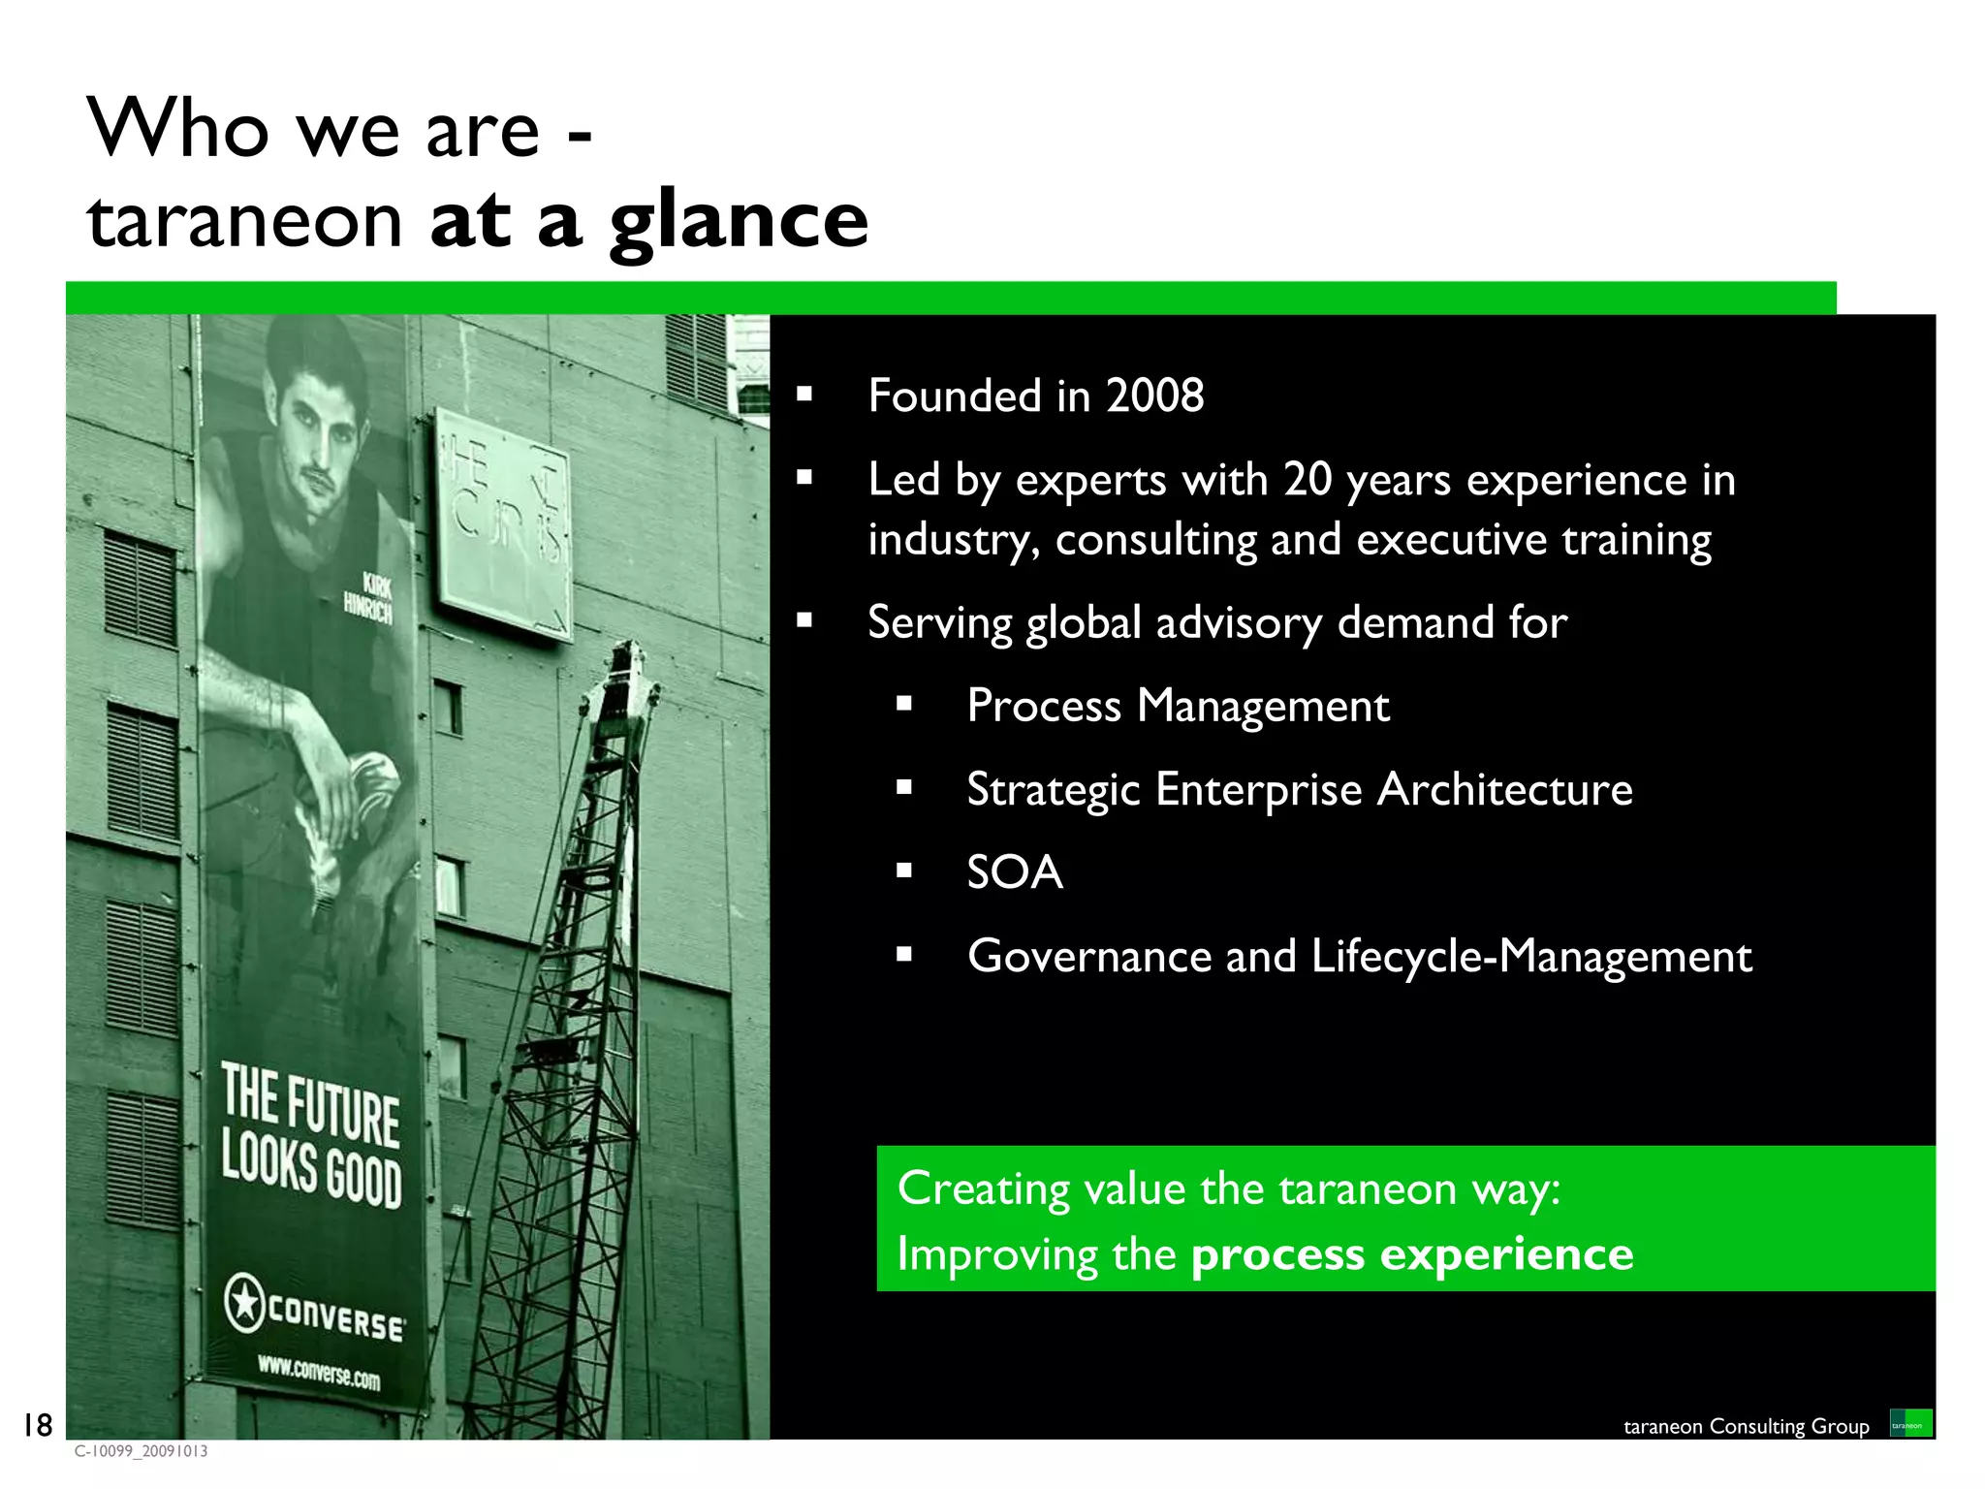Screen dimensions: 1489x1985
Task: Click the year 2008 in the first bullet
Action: (1154, 396)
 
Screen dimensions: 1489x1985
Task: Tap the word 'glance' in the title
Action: (739, 221)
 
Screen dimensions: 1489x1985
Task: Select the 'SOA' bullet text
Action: (1015, 872)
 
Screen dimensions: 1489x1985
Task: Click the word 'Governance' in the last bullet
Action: (1089, 957)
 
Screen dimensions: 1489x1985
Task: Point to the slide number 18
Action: (38, 1424)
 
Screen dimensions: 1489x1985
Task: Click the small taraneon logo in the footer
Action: (1910, 1424)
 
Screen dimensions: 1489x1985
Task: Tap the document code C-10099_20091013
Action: (141, 1451)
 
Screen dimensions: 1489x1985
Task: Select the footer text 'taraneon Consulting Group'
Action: (1746, 1426)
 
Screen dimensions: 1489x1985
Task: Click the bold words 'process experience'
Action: (1412, 1254)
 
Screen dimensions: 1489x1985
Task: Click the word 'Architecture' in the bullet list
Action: (1505, 789)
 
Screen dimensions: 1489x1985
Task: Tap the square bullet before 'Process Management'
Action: (904, 705)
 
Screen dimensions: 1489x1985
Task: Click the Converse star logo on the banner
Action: (245, 1302)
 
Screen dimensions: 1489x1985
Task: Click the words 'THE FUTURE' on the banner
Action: (310, 1104)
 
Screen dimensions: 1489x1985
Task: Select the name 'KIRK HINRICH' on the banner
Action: (369, 597)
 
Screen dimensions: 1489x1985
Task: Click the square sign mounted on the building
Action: (503, 524)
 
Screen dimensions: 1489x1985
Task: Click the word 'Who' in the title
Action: (178, 129)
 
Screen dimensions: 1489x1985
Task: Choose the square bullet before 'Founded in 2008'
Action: (803, 395)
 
